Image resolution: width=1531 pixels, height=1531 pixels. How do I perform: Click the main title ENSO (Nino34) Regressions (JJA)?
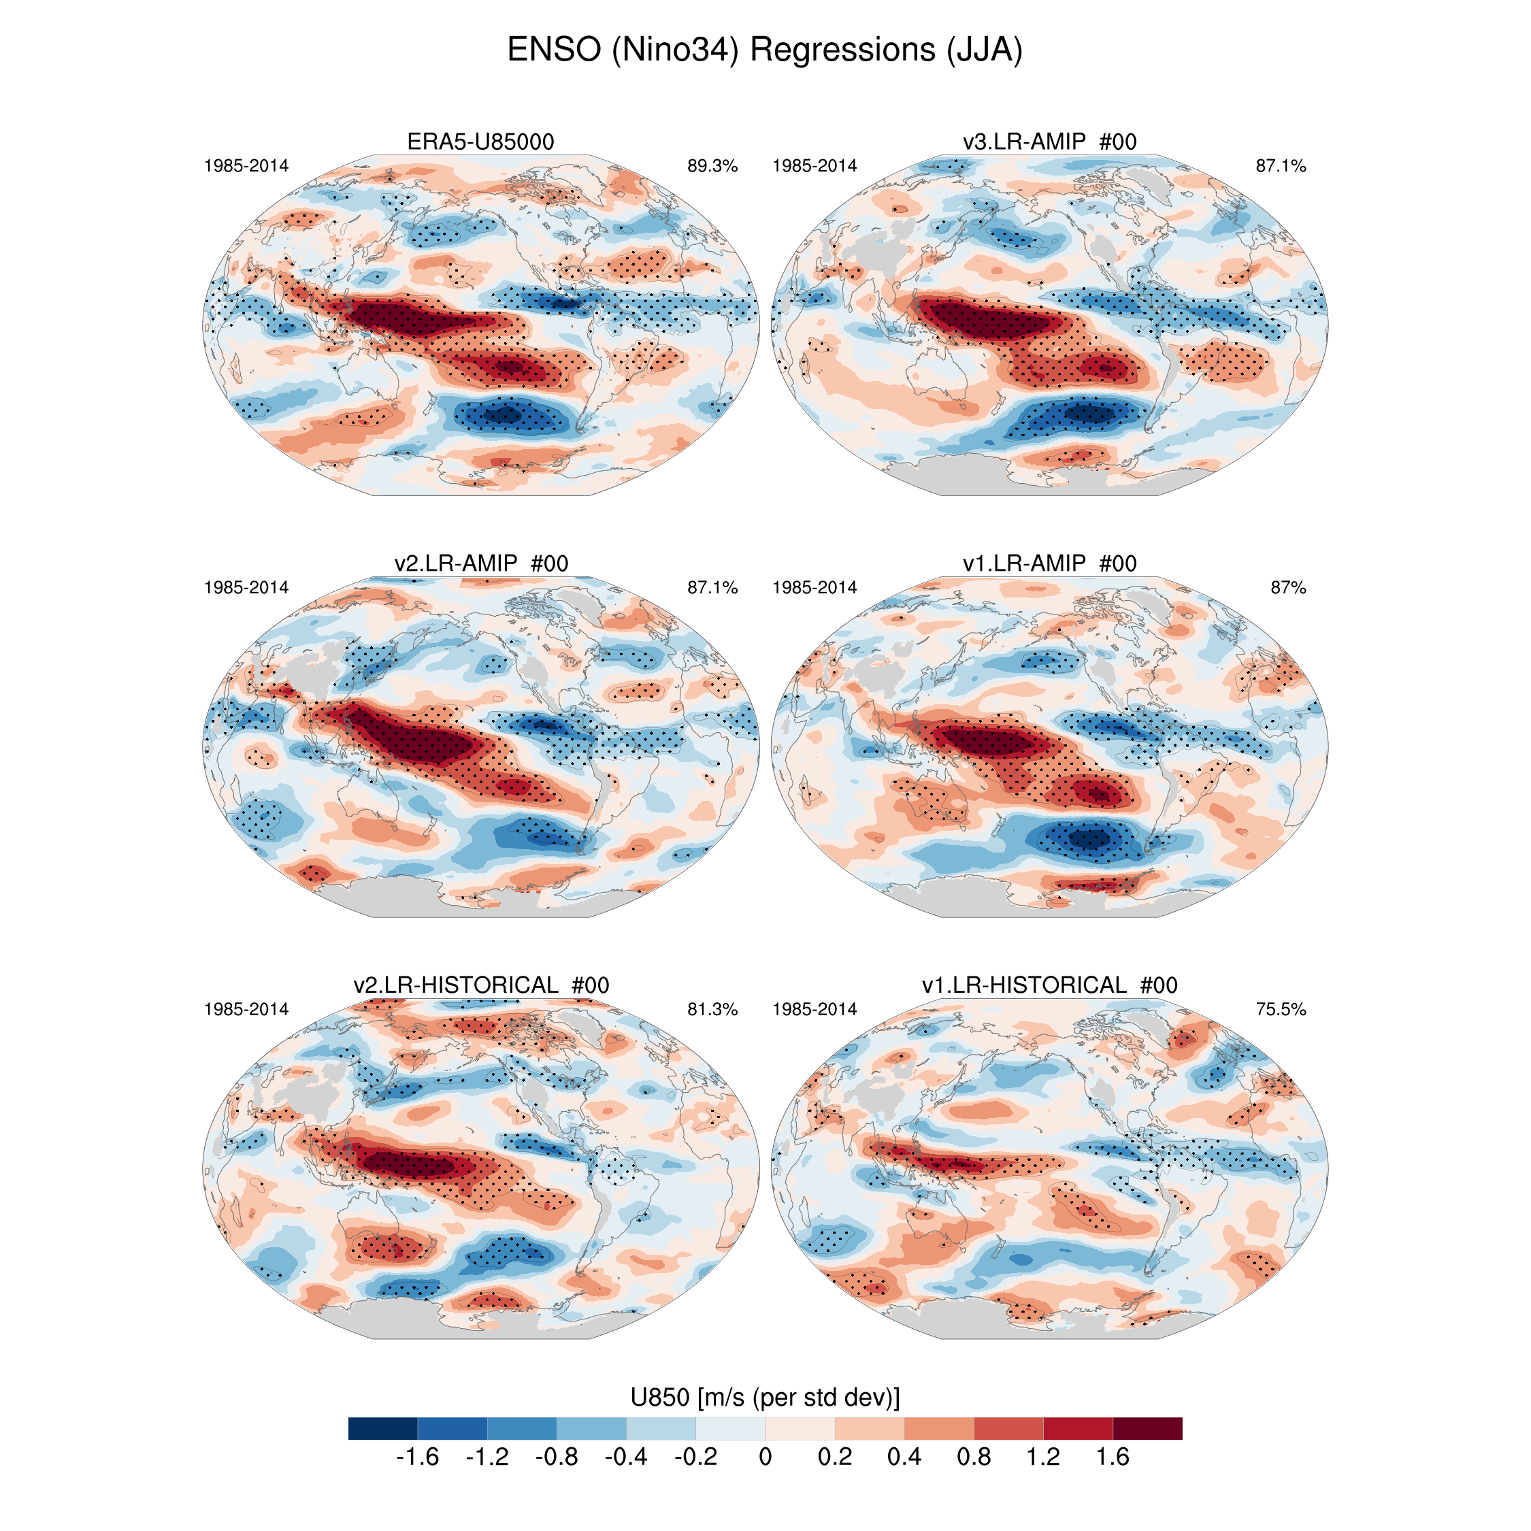click(765, 50)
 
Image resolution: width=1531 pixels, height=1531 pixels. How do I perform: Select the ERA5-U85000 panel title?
click(480, 142)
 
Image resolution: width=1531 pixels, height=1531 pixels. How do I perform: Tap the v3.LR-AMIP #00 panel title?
click(1049, 142)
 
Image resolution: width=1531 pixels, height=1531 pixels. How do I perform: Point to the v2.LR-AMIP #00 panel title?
click(481, 563)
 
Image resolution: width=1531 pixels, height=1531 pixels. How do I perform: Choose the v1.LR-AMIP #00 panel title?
click(1049, 563)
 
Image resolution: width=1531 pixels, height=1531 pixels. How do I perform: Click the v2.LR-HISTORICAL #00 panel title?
click(481, 985)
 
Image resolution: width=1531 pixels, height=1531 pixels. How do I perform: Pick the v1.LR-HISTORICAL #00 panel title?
click(1049, 985)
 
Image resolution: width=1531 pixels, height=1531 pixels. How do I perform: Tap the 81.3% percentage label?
click(712, 1010)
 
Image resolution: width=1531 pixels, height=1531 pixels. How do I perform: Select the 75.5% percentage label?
click(1281, 1010)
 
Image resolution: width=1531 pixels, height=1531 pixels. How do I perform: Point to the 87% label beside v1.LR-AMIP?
click(1287, 588)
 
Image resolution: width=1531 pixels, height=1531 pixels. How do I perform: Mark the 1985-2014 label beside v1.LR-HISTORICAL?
click(814, 1010)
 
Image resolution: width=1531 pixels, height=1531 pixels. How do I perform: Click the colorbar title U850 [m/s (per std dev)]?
click(765, 1397)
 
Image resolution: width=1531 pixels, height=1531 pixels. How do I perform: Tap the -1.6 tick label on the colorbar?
click(417, 1458)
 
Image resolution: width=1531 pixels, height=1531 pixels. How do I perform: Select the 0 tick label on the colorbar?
click(765, 1458)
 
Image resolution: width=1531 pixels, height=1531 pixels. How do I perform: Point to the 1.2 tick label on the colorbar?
click(1043, 1458)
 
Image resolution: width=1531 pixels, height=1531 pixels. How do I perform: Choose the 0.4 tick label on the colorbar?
click(904, 1458)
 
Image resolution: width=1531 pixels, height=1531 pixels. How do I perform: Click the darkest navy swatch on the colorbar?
click(382, 1428)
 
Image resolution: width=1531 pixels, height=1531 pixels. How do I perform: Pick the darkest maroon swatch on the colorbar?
click(1147, 1428)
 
